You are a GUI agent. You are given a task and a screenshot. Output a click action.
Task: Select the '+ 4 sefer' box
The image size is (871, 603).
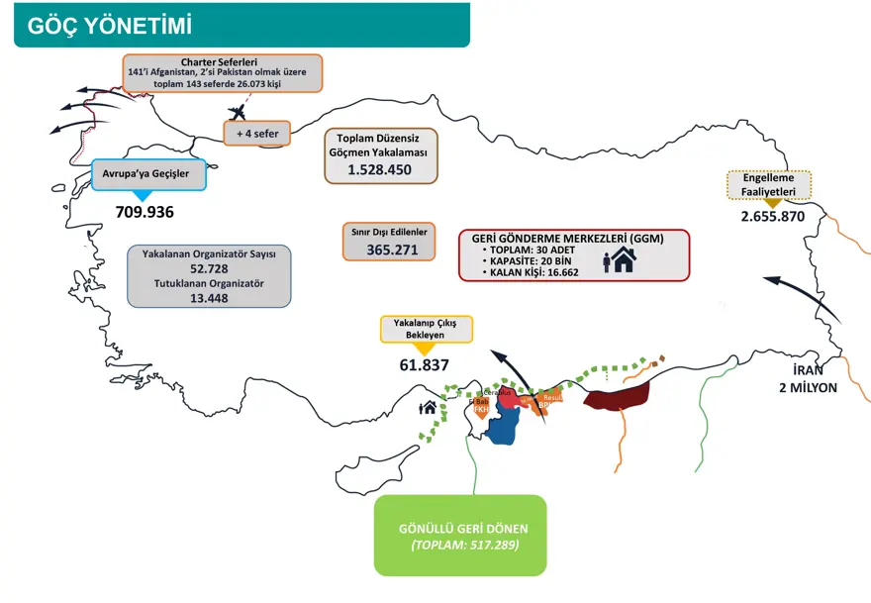[256, 134]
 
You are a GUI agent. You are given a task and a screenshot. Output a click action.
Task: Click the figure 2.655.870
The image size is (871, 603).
[772, 217]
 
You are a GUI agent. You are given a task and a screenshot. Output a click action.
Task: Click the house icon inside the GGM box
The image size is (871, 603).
[622, 260]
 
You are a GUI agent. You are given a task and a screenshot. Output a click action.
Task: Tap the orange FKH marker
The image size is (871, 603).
[482, 408]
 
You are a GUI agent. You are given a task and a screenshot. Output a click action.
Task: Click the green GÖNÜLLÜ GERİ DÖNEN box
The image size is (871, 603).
[459, 536]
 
